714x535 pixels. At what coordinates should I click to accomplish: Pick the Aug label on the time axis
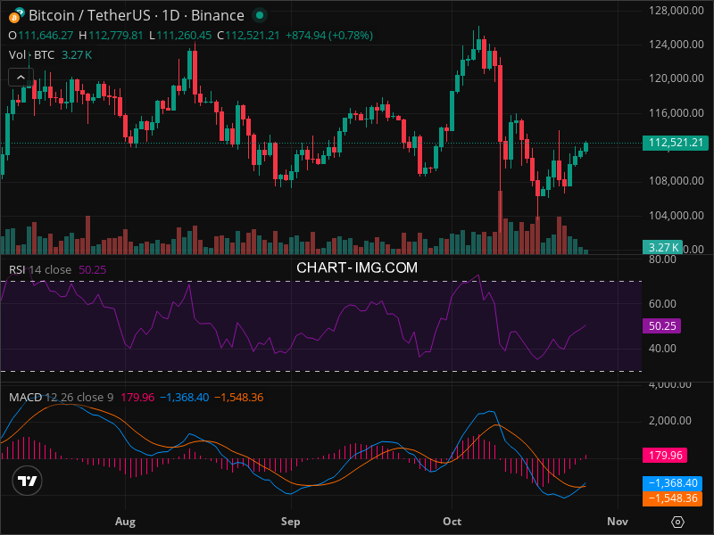tap(126, 521)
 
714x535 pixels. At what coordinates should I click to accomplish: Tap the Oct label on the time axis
tap(452, 521)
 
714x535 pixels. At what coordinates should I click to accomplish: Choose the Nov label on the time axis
tap(618, 521)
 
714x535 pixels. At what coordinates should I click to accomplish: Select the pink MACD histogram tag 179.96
tap(665, 456)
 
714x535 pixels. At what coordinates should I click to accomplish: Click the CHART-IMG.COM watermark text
tap(357, 267)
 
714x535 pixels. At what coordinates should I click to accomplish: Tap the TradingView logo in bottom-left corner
tap(27, 481)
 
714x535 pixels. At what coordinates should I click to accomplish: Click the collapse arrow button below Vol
tap(21, 77)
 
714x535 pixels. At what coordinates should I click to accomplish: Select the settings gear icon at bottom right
tap(678, 522)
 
